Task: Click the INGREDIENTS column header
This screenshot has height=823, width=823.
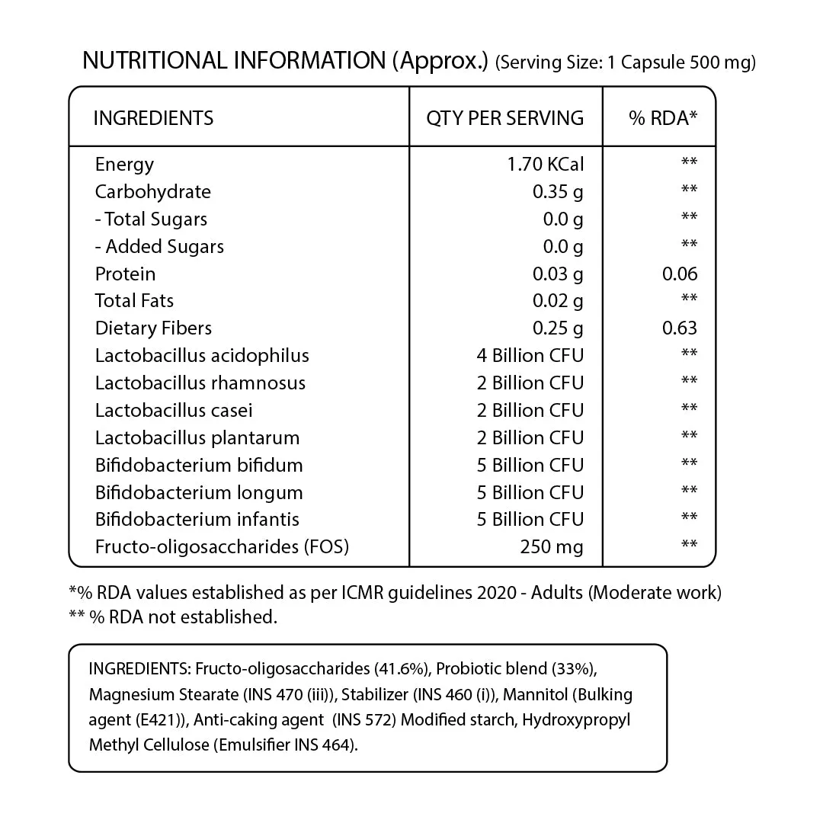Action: [153, 118]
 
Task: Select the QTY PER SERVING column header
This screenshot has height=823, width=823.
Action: [504, 118]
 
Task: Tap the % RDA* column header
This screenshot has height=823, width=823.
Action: [662, 118]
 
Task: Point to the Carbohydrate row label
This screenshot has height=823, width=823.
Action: [152, 192]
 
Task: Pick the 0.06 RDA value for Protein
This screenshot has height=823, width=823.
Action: [680, 274]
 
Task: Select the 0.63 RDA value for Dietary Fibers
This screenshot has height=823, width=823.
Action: [680, 328]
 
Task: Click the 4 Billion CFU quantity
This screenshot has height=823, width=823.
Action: [530, 356]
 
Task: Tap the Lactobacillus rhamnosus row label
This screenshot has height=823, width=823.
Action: [200, 383]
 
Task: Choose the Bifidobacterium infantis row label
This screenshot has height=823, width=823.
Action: [197, 520]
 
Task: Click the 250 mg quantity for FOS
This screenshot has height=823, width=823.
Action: [552, 547]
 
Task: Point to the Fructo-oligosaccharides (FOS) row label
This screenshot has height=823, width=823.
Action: [222, 547]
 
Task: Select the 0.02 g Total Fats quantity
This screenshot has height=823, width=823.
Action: [558, 302]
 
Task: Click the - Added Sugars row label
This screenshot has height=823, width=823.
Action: [159, 247]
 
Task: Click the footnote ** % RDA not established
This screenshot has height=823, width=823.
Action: [173, 617]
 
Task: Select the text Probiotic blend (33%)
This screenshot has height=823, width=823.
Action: [517, 669]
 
